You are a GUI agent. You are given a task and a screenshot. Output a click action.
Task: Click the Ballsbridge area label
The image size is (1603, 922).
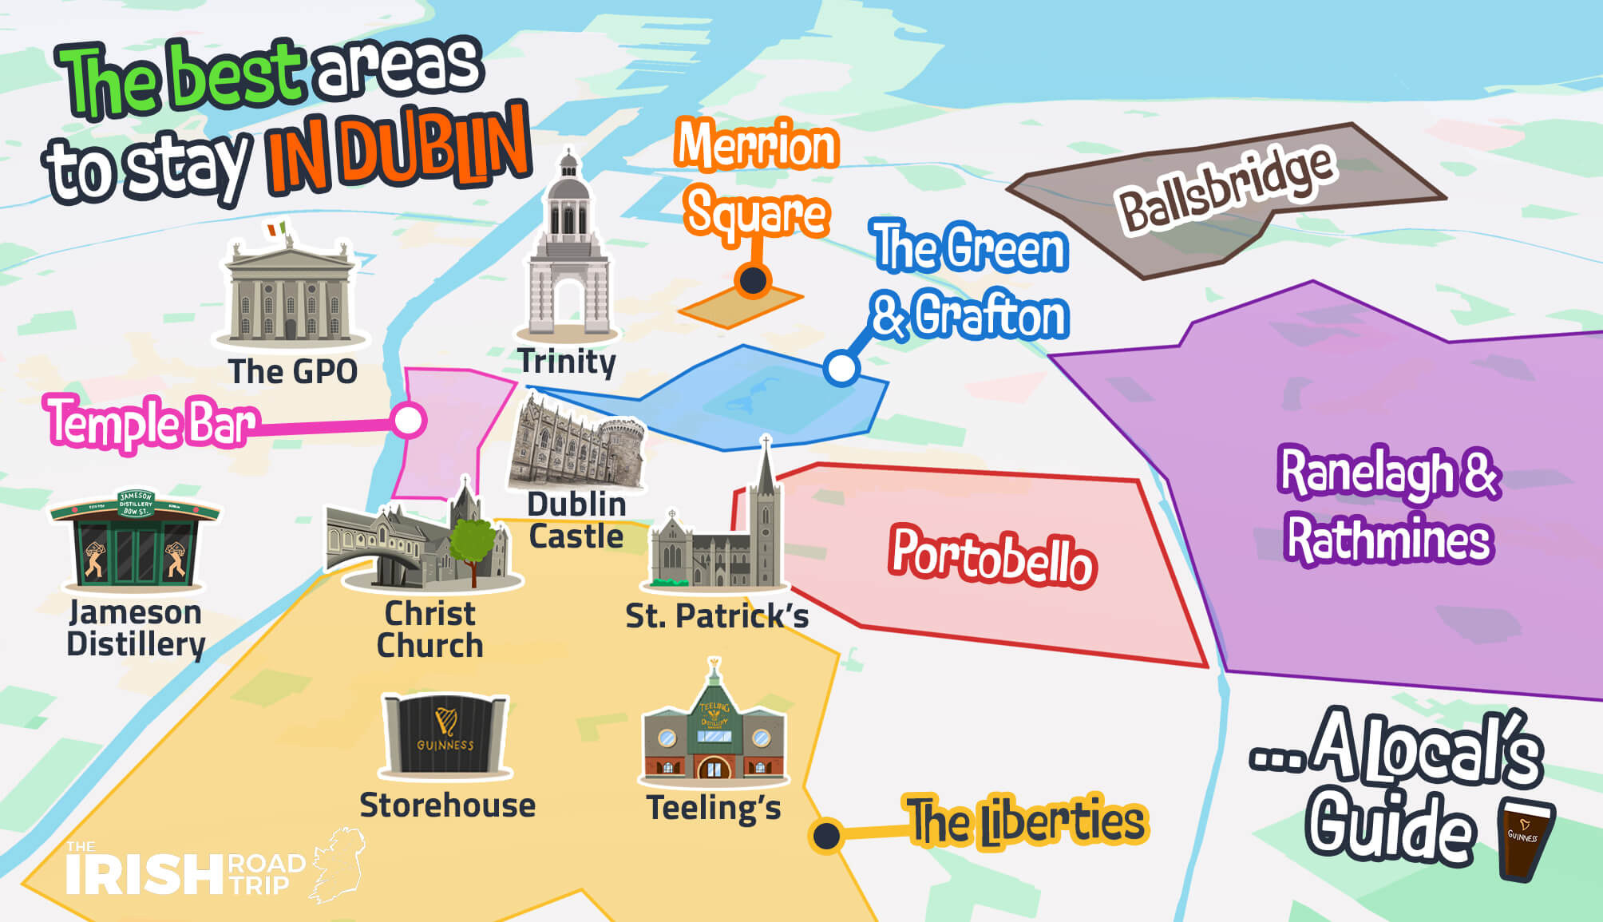[x=1225, y=188]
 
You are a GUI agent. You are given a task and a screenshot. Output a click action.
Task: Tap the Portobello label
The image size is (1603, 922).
[x=992, y=556]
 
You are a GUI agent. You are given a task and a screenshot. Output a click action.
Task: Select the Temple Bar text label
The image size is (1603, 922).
[x=152, y=421]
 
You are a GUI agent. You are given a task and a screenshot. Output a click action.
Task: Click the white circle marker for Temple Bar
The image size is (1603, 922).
[x=409, y=420]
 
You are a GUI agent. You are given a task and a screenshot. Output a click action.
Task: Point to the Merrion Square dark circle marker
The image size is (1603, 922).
[x=753, y=280]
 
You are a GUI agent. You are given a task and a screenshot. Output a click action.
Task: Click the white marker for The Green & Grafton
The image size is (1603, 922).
[x=841, y=368]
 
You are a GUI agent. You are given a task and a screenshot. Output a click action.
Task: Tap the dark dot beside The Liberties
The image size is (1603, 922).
[x=826, y=836]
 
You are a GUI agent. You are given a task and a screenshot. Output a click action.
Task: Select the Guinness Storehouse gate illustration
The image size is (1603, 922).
[x=445, y=735]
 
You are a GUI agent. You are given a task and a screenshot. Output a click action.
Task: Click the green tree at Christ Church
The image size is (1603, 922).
[x=473, y=543]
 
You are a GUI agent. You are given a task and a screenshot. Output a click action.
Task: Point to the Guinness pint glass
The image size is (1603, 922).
[x=1525, y=838]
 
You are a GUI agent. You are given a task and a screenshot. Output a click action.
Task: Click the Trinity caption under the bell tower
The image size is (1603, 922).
[x=567, y=362]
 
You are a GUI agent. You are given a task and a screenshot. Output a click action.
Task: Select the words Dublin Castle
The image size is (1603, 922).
[x=576, y=520]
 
